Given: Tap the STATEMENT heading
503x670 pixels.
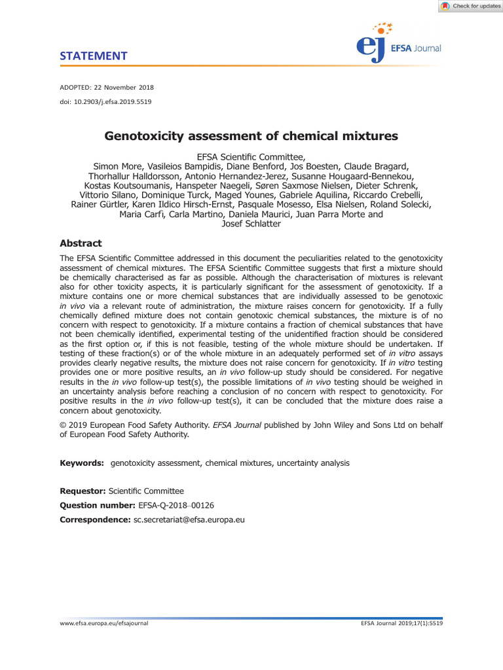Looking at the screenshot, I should pyautogui.click(x=93, y=56).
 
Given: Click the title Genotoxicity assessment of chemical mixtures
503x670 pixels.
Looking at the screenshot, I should pyautogui.click(x=251, y=136).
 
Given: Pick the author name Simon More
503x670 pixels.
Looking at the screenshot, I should pyautogui.click(x=118, y=166).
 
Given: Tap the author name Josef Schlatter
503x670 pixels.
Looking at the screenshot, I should pyautogui.click(x=251, y=224).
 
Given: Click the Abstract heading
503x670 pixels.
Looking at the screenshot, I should pyautogui.click(x=81, y=243).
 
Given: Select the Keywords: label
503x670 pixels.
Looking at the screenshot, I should pyautogui.click(x=82, y=463).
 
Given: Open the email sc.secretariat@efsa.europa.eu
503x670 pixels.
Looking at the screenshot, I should pyautogui.click(x=189, y=520).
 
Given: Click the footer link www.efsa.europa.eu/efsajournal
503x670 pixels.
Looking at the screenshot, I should pyautogui.click(x=104, y=624).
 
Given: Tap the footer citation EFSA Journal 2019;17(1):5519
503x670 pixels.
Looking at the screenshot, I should pyautogui.click(x=401, y=624).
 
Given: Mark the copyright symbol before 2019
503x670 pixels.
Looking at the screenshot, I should pyautogui.click(x=63, y=425).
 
